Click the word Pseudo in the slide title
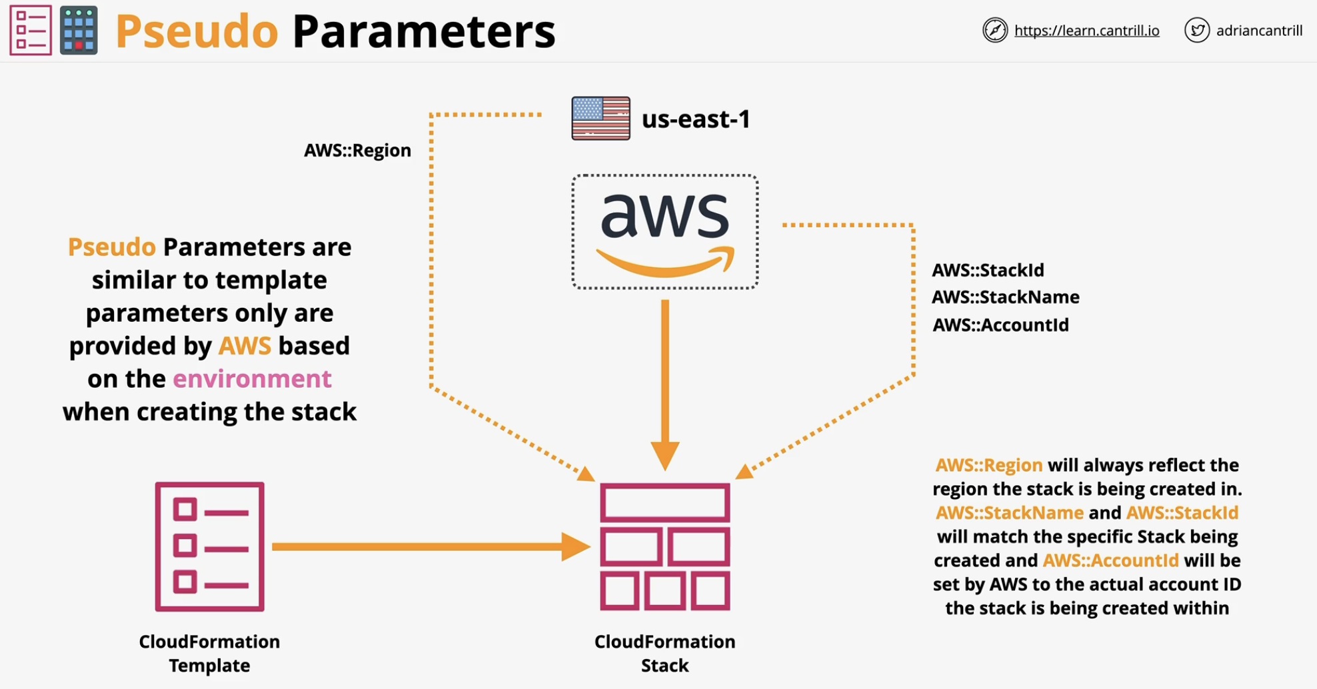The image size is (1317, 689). coord(197,31)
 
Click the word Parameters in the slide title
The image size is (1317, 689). coord(424,31)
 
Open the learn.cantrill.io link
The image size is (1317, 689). coord(1086,31)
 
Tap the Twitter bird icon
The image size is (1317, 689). coord(1197,30)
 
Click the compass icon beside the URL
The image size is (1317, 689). coord(995,30)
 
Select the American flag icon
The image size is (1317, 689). coord(601,119)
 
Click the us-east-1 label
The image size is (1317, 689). coord(696,119)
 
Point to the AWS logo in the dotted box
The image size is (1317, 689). coord(665,232)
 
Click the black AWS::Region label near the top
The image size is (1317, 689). coord(357,151)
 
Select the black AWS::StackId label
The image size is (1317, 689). coord(988,270)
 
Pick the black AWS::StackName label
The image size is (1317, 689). coord(1005,297)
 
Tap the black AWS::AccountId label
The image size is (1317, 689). coord(1000,325)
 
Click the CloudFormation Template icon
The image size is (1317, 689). coord(210,546)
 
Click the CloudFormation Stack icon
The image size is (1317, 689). coord(665,546)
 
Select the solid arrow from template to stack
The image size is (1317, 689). coord(431,546)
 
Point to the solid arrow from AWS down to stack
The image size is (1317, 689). coord(665,385)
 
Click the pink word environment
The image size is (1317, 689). coord(252,378)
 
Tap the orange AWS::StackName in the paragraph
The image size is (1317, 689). coord(1009,512)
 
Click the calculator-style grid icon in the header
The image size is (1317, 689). coord(79,30)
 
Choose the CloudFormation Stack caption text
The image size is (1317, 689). coord(665,653)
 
